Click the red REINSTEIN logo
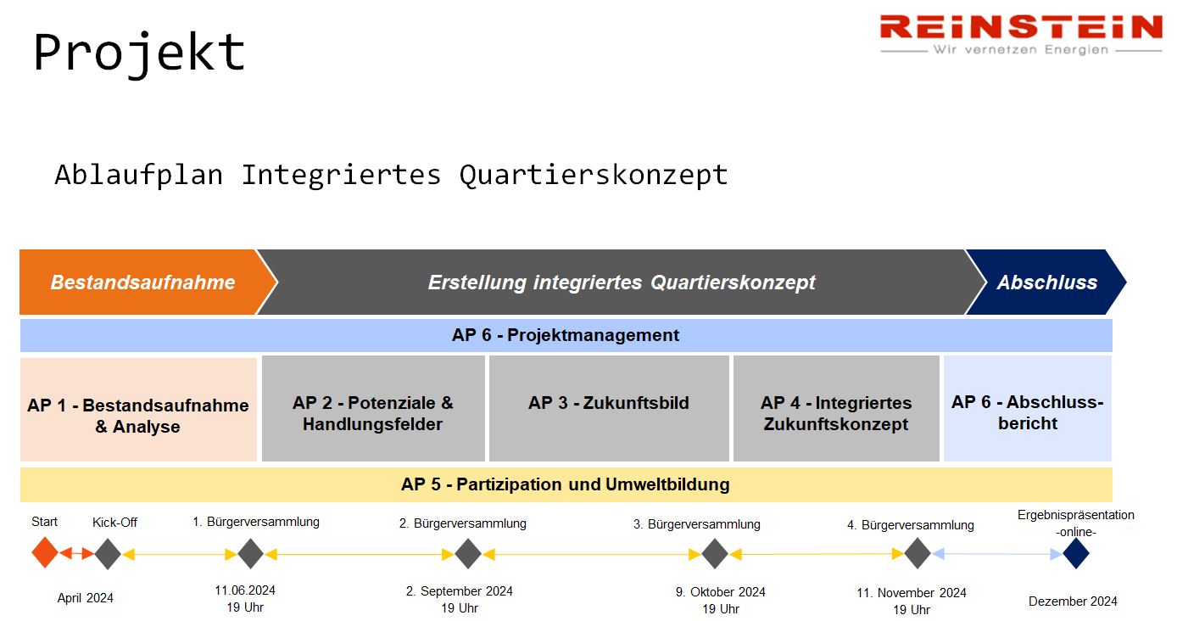[1021, 34]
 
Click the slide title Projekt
[139, 53]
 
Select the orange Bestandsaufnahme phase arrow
[148, 282]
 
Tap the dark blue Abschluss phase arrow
[1046, 282]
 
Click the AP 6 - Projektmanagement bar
[566, 335]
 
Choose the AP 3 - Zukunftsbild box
[609, 409]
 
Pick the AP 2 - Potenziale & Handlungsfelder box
[373, 409]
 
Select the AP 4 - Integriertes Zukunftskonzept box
[836, 409]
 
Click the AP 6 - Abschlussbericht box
[1028, 409]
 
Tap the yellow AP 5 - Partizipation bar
[566, 484]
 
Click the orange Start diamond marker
[45, 552]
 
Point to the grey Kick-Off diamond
[108, 554]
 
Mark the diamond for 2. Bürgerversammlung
[468, 554]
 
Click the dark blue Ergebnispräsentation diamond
[1076, 553]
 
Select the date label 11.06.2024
[245, 590]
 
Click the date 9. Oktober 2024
[721, 592]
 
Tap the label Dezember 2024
[1073, 601]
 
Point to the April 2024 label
[85, 598]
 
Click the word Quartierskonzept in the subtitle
[594, 175]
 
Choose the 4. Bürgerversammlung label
[910, 525]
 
